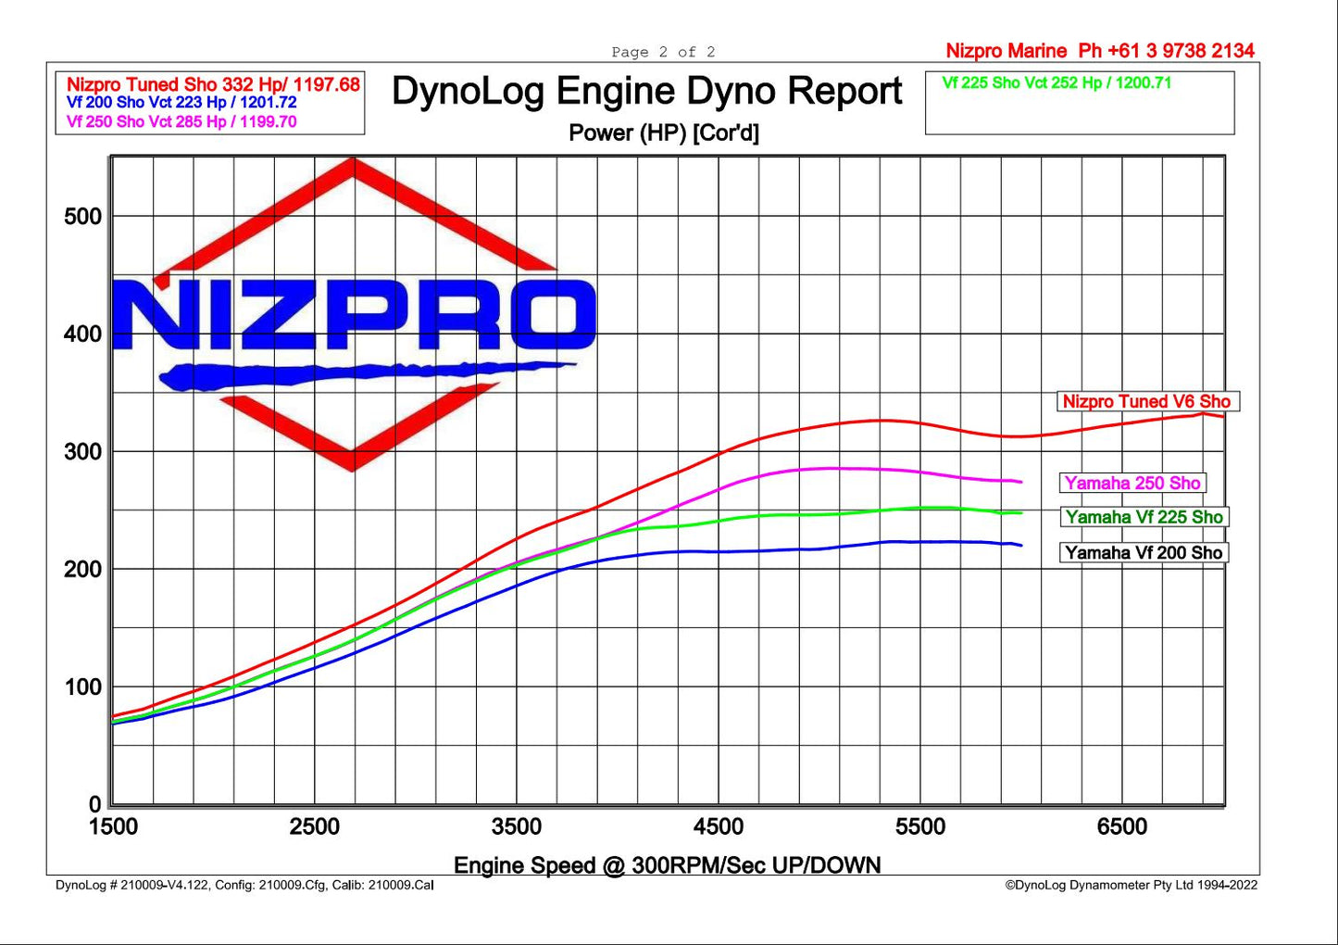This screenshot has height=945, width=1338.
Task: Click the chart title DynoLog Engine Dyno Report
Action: (646, 92)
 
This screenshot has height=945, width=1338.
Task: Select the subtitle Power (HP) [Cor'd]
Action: (663, 133)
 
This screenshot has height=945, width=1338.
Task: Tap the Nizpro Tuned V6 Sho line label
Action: (1146, 401)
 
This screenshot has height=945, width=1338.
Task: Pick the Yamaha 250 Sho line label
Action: (1132, 483)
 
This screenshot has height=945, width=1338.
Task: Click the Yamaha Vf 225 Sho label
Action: (1144, 517)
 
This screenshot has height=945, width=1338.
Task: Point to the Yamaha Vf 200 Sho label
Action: (1144, 553)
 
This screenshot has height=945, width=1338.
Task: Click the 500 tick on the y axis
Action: (82, 217)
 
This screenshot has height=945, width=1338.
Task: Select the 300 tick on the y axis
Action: (82, 452)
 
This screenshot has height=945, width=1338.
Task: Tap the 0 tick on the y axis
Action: (94, 804)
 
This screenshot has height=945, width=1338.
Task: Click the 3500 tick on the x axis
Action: (516, 826)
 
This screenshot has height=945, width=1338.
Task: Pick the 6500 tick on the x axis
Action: (1121, 826)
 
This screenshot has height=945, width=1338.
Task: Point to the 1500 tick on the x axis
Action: (113, 826)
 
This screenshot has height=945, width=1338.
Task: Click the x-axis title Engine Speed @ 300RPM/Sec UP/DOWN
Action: (667, 865)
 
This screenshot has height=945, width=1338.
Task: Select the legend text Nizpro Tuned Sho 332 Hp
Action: (213, 85)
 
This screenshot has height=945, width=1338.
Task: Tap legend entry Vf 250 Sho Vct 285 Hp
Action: (181, 121)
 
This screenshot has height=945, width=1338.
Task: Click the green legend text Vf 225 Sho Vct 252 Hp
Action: (1057, 83)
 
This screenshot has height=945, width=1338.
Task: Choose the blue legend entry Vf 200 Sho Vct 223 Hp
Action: (181, 103)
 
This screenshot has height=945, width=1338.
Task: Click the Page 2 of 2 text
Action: (663, 52)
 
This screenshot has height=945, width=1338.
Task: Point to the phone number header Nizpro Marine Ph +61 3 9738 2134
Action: (1100, 51)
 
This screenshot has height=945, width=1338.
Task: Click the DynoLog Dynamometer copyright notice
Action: (1132, 885)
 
